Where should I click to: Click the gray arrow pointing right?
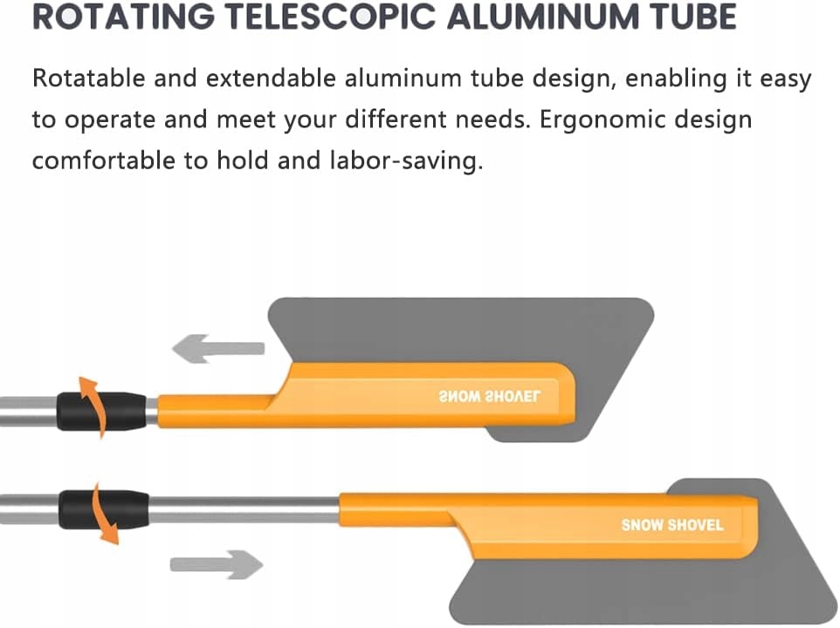coord(217,563)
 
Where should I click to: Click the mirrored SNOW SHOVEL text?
coord(489,397)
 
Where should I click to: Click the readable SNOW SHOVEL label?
coord(671,525)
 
